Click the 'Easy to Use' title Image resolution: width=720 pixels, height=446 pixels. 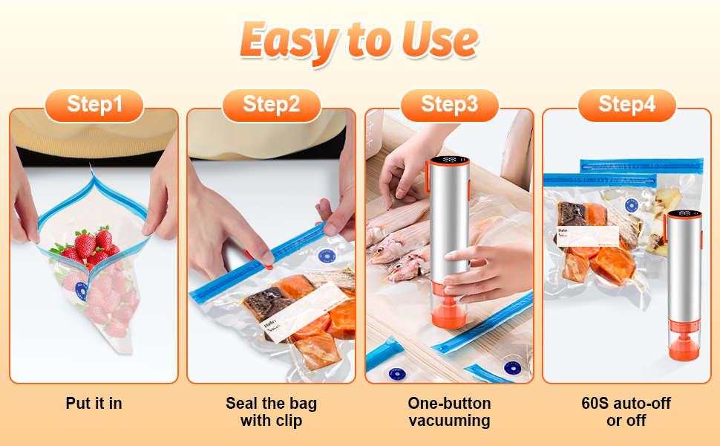pos(359,41)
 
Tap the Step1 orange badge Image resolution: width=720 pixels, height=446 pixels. pos(94,105)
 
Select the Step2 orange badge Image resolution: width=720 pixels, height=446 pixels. pos(271,105)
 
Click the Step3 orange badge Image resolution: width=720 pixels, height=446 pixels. pos(449,105)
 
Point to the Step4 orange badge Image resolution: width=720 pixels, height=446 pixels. pos(627,105)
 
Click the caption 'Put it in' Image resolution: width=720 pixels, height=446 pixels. pos(94,404)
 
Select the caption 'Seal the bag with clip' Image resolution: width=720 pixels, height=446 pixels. pos(271,412)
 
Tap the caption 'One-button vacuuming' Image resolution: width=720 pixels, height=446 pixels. pos(449,412)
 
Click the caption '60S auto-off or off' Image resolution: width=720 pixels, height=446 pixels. pos(627,412)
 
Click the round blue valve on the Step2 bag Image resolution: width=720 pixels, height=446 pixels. pos(325,256)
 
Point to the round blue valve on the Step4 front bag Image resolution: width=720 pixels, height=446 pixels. pos(632,205)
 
